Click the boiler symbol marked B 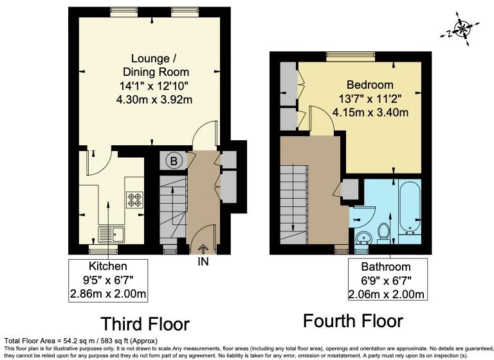click(x=172, y=161)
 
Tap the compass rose click(x=462, y=28)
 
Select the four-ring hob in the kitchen click(x=135, y=200)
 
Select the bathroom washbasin click(x=361, y=237)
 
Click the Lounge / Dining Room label click(x=152, y=65)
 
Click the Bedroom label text click(x=369, y=85)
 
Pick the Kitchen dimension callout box click(x=108, y=280)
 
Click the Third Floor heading click(x=144, y=323)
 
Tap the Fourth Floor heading click(x=352, y=320)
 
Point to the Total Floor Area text click(x=80, y=341)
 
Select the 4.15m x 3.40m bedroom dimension click(x=370, y=112)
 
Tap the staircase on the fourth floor click(x=295, y=199)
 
